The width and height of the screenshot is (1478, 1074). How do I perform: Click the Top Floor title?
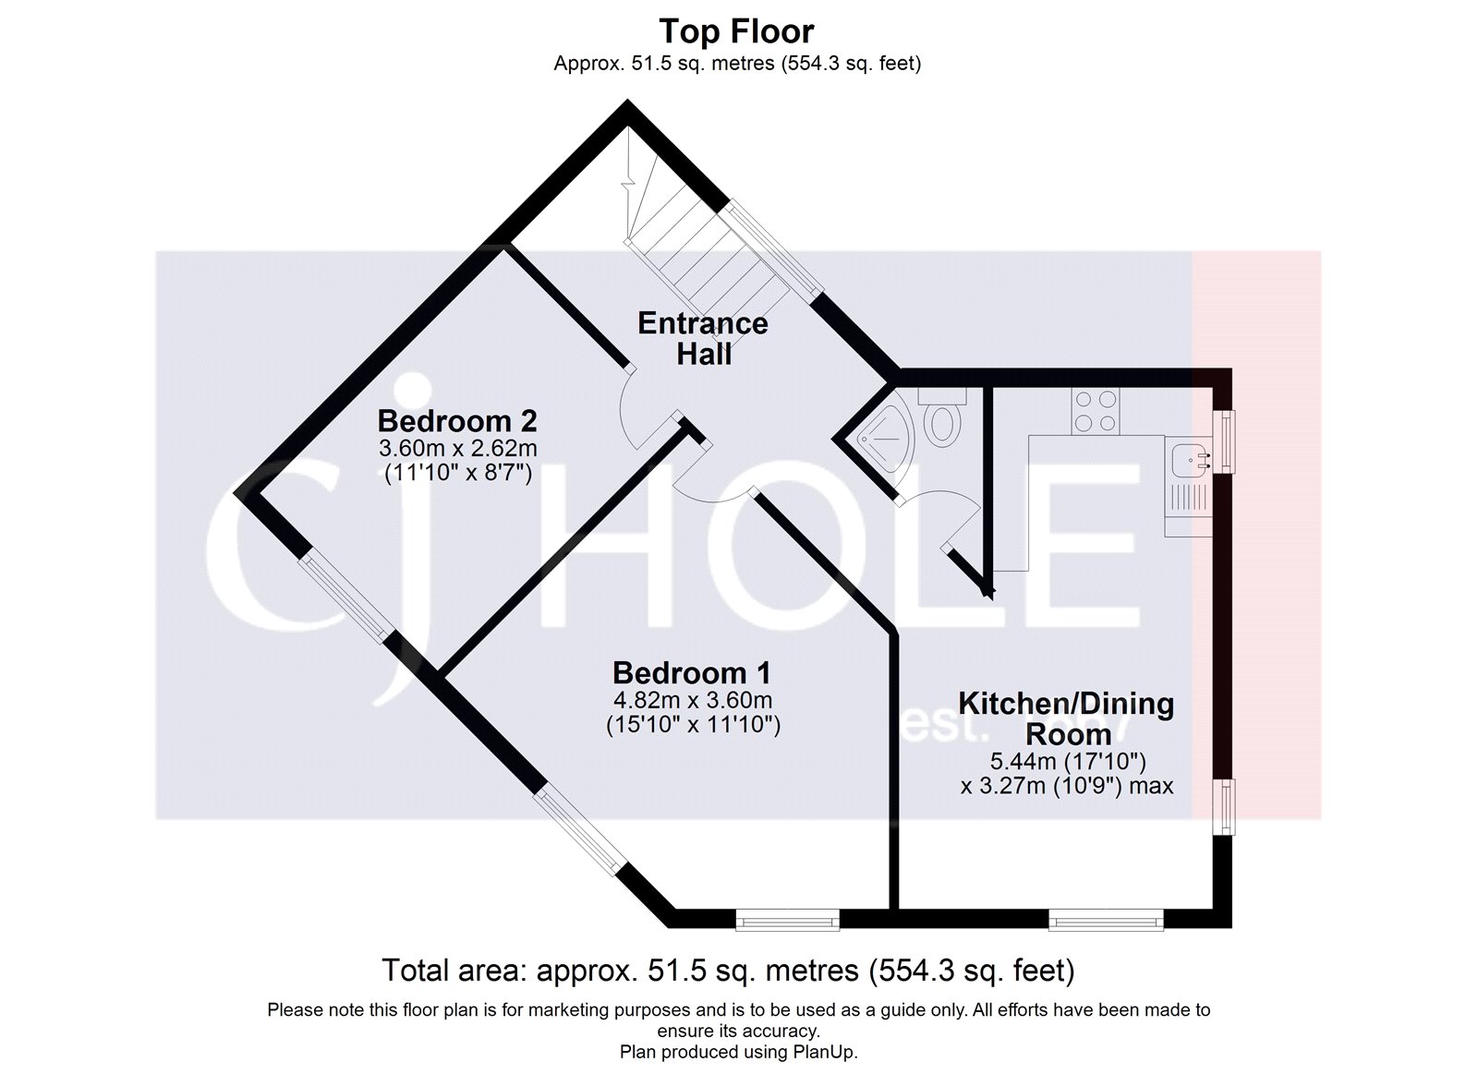click(x=736, y=31)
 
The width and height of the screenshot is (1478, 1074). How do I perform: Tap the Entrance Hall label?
click(x=703, y=338)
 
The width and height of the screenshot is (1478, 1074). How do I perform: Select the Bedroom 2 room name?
click(x=457, y=421)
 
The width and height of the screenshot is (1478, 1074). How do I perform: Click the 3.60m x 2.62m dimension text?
click(x=457, y=450)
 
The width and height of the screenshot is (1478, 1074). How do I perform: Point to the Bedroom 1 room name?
click(x=692, y=672)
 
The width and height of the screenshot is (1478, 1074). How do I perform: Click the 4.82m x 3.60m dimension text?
click(x=693, y=700)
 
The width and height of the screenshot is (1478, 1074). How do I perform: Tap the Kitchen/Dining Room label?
click(x=1066, y=718)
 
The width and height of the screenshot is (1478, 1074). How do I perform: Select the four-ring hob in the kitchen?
click(x=1096, y=412)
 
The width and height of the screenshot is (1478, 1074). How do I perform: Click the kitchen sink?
click(x=1189, y=458)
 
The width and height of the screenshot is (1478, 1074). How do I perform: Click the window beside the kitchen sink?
click(x=1226, y=441)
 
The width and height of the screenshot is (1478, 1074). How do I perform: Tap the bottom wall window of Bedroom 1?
click(x=787, y=919)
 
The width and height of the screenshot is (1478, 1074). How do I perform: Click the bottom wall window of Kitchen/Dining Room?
click(x=1106, y=919)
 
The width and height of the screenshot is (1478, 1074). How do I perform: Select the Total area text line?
click(x=728, y=971)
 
